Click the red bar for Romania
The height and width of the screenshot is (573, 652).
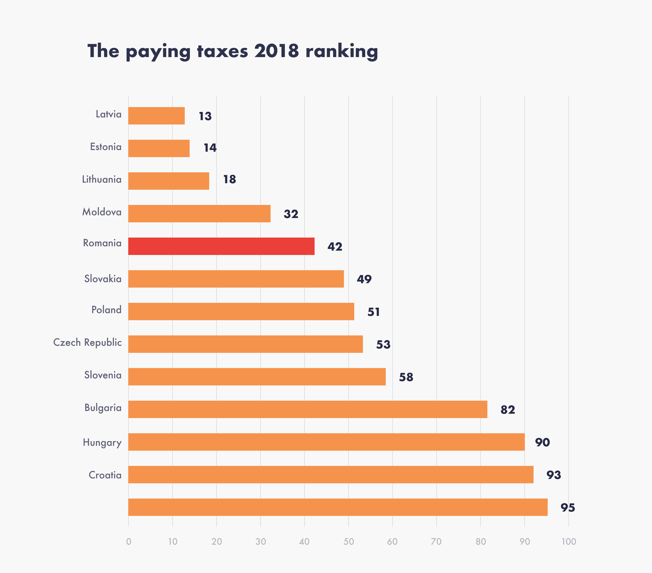(x=221, y=246)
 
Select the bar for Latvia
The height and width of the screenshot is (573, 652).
(x=156, y=116)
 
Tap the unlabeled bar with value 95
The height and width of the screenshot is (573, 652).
(x=337, y=507)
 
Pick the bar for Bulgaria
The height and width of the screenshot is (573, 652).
(x=308, y=409)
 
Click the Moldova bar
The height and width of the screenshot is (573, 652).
(x=199, y=214)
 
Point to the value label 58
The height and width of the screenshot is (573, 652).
(x=406, y=377)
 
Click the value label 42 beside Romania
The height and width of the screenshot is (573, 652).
(x=335, y=247)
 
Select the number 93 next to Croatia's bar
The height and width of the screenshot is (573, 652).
(x=553, y=475)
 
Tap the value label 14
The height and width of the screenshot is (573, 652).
(x=210, y=148)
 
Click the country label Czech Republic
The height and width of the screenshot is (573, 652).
(x=87, y=342)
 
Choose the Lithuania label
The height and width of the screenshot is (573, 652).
(x=102, y=179)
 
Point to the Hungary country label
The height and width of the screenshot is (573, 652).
(x=102, y=443)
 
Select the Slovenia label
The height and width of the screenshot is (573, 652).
(x=103, y=375)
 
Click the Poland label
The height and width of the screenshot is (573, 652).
(x=106, y=310)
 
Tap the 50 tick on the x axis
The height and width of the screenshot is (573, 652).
(x=348, y=541)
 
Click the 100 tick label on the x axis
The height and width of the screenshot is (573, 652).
(x=568, y=541)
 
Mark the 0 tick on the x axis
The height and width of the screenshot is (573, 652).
(x=128, y=541)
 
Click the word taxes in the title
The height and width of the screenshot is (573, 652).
(x=222, y=51)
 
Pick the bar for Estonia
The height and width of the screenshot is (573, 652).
(x=159, y=148)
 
